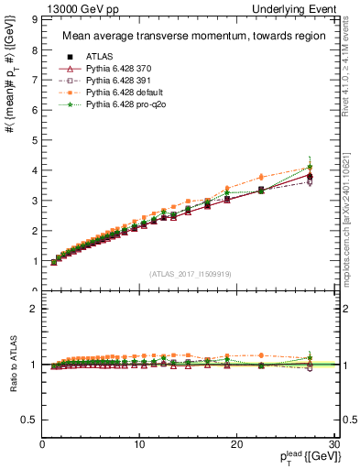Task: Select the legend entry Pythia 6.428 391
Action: coord(116,82)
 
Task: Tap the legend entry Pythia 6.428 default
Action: coord(120,93)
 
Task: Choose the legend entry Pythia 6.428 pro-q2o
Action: coord(122,105)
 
